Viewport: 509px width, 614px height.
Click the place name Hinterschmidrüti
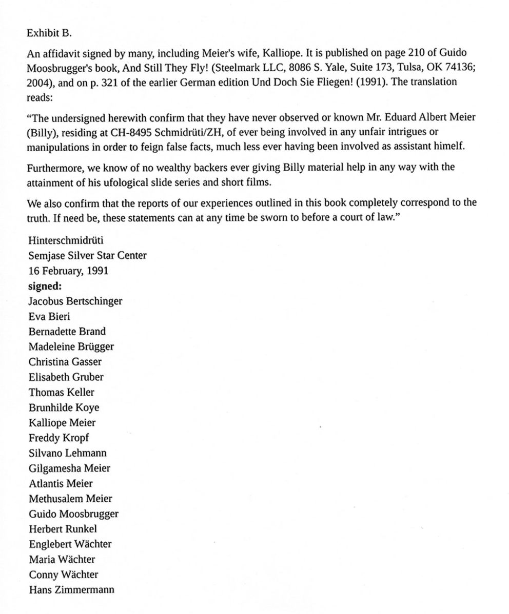click(x=65, y=240)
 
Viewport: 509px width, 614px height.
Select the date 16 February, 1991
click(x=68, y=271)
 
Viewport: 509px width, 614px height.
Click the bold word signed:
click(x=45, y=286)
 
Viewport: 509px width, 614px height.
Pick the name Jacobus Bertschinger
click(x=75, y=301)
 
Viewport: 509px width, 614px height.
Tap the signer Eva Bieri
click(x=49, y=316)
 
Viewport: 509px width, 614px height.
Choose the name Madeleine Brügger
click(x=71, y=346)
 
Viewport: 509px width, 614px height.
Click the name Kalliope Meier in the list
click(x=62, y=422)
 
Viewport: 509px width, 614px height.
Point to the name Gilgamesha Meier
click(x=69, y=468)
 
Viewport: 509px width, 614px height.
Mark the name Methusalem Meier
click(x=70, y=498)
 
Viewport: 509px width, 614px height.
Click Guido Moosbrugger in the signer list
click(x=73, y=514)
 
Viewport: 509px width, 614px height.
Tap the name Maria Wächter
click(x=62, y=559)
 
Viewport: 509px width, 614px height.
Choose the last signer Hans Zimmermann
click(x=71, y=589)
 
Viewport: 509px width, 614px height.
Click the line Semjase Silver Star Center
click(x=87, y=255)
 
